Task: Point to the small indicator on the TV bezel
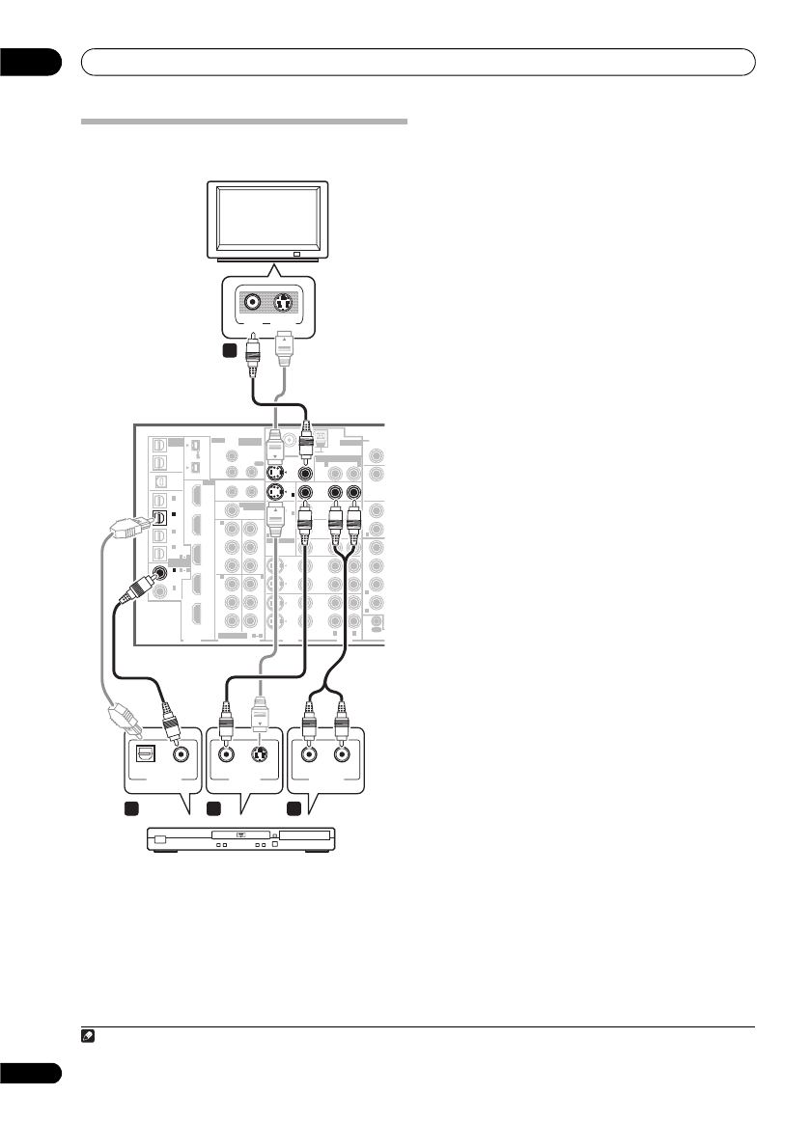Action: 295,255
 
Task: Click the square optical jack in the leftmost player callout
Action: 147,754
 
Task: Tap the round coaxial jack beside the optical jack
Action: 180,754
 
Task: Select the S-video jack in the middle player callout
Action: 259,755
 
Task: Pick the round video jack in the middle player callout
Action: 227,755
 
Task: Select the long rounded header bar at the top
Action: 417,62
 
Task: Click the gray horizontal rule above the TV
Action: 244,123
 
